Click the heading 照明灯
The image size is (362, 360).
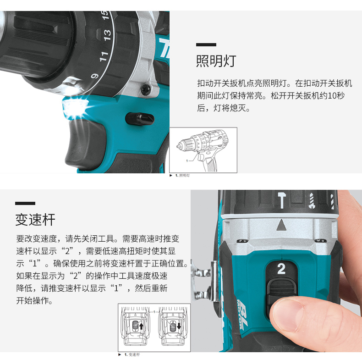(216, 61)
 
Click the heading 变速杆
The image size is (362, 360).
(35, 220)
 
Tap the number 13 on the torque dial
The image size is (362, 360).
(107, 35)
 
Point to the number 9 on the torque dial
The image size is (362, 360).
(95, 76)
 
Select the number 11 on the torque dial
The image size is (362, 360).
(104, 56)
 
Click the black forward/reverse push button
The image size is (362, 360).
(140, 119)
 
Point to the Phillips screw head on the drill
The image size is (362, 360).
(146, 89)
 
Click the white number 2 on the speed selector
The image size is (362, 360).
(281, 269)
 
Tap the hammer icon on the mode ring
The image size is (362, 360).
(282, 200)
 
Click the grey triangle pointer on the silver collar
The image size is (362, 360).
(281, 225)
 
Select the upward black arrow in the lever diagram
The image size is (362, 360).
(141, 326)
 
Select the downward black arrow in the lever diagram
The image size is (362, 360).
(179, 326)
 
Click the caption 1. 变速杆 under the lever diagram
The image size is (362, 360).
(132, 354)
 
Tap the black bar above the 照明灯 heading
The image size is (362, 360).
(206, 44)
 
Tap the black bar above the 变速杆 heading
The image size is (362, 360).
(25, 203)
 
